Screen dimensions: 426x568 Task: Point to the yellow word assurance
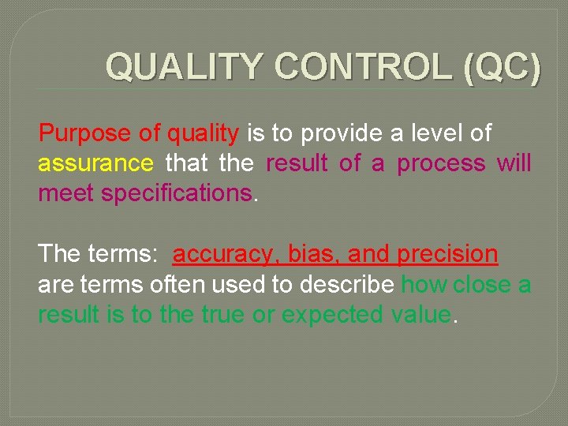click(x=95, y=163)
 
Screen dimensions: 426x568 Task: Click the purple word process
click(x=441, y=163)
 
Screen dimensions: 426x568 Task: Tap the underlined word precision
click(x=447, y=254)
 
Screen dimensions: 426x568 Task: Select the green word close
click(x=481, y=284)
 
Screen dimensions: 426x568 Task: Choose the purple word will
click(x=514, y=163)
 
